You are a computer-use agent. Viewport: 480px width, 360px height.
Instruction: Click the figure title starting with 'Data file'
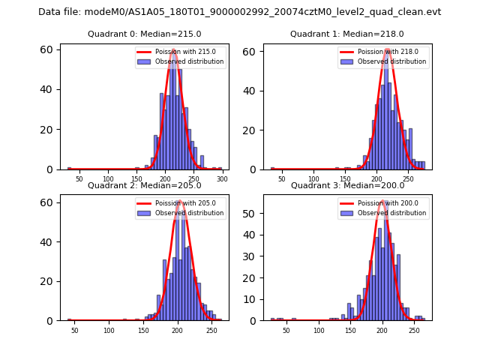coord(240,12)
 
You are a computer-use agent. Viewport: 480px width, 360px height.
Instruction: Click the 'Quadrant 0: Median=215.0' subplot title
coord(145,34)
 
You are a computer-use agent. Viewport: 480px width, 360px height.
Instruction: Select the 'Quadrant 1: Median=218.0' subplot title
coord(347,34)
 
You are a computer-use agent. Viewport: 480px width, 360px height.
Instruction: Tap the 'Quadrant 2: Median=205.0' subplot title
coord(145,185)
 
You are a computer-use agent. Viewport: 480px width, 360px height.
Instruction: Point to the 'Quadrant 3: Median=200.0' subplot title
coord(347,185)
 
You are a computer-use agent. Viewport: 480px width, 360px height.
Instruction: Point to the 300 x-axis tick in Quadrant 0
coord(223,179)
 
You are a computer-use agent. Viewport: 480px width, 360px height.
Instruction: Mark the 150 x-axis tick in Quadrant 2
coord(143,331)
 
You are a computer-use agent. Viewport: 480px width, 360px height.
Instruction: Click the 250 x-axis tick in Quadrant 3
coord(414,331)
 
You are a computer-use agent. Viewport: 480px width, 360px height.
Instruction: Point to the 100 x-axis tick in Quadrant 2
coord(109,331)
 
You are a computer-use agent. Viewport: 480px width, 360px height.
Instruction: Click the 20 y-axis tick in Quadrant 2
coord(49,281)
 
